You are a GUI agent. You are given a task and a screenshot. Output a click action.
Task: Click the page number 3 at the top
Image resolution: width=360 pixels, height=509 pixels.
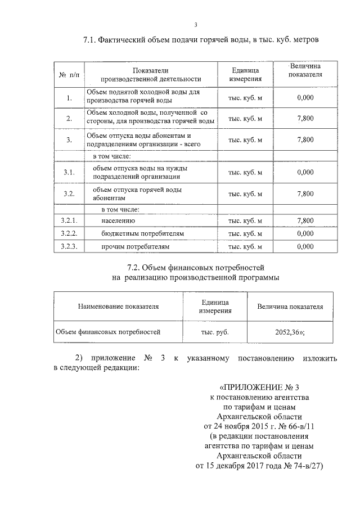(x=196, y=24)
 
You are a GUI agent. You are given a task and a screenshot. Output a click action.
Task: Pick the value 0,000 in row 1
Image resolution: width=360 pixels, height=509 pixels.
(x=304, y=97)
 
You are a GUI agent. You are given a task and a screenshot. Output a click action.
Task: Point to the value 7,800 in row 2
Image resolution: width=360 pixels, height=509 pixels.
(x=304, y=118)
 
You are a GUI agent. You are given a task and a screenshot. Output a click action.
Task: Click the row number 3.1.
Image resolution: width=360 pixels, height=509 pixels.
(x=69, y=172)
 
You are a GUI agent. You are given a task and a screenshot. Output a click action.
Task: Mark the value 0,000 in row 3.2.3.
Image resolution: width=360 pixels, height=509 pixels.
(x=304, y=246)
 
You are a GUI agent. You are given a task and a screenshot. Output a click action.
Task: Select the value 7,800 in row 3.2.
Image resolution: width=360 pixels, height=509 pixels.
(x=304, y=193)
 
